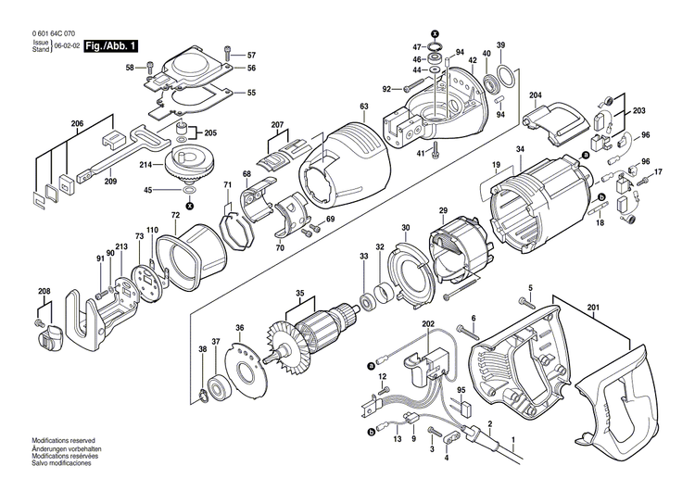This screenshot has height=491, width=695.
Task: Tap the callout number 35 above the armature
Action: click(x=298, y=296)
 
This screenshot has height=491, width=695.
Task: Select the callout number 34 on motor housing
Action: click(x=520, y=149)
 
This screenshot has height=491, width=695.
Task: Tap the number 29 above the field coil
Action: click(x=443, y=212)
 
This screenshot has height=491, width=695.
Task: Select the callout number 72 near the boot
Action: click(x=175, y=216)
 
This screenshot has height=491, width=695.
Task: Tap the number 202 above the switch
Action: click(x=427, y=324)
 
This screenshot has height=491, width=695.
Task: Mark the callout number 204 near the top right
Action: click(x=536, y=95)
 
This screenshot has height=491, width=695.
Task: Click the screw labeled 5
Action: click(x=528, y=303)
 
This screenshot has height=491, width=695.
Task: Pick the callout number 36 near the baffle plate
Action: click(x=239, y=328)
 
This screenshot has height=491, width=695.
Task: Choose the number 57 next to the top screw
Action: click(x=250, y=56)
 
